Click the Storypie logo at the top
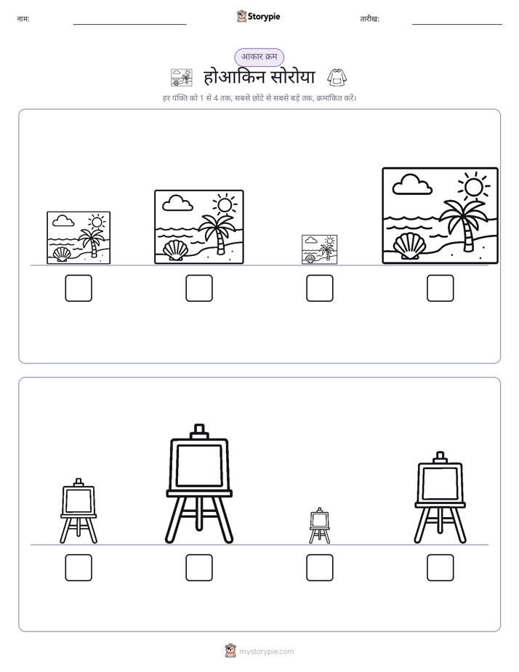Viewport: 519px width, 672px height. coord(258,16)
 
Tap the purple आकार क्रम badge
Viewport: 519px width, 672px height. coord(259,57)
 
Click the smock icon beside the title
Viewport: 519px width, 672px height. coord(337,77)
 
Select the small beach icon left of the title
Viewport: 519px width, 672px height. coord(181,78)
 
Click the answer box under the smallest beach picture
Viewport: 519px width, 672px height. coord(319,288)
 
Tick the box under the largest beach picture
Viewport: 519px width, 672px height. coord(440,288)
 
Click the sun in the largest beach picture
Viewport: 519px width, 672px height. coord(473,188)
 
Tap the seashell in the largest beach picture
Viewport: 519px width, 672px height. coord(408,246)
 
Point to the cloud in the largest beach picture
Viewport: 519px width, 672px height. coord(412,184)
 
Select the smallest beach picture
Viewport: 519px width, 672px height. coord(319,249)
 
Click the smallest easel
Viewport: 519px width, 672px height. coord(319,525)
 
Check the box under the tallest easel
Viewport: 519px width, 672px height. coord(199,567)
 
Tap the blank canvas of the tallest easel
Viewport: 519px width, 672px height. coord(199,465)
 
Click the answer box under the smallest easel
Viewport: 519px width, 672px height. coord(319,567)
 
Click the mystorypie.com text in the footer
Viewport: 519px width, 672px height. coord(266,652)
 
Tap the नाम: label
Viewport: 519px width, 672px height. coord(23,19)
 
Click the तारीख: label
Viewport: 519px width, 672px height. coord(369,19)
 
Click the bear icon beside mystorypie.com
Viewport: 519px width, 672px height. coord(230,651)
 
